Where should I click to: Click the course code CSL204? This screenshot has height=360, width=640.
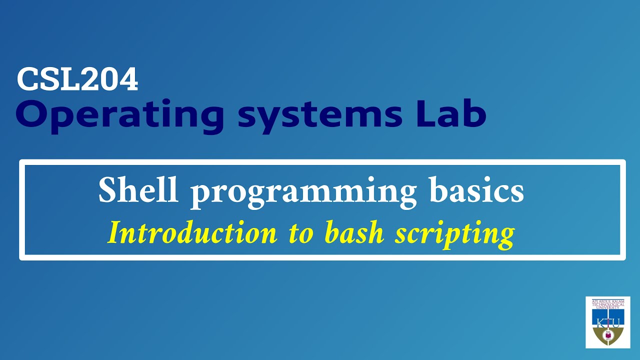(x=77, y=79)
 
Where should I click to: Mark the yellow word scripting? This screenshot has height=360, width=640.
(x=454, y=234)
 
